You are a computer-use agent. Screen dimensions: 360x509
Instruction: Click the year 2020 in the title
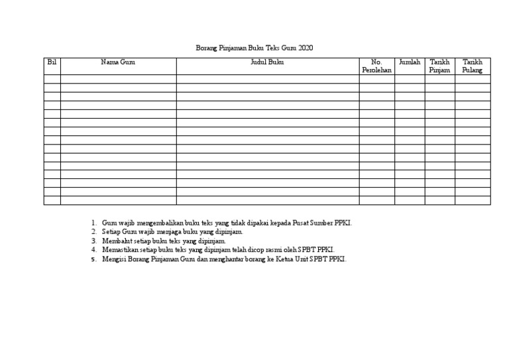point(306,48)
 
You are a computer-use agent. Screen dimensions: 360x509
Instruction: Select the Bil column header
point(52,62)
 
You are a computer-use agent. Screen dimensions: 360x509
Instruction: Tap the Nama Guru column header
point(118,62)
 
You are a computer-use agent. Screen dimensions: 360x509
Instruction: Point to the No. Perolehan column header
point(377,66)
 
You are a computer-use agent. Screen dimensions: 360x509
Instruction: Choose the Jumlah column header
point(410,62)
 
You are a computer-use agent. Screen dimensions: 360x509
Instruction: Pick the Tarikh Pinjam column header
point(439,66)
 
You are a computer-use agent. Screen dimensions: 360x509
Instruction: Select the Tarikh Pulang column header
point(473,66)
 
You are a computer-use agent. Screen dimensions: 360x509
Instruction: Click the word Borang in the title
point(207,48)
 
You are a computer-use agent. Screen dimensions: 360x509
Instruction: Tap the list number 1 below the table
point(94,223)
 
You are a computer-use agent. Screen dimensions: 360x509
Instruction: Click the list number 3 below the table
point(94,241)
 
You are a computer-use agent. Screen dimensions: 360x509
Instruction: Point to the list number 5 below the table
point(94,259)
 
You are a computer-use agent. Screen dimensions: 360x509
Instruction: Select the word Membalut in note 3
point(116,241)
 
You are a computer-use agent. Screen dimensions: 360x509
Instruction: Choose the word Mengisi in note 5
point(113,259)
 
